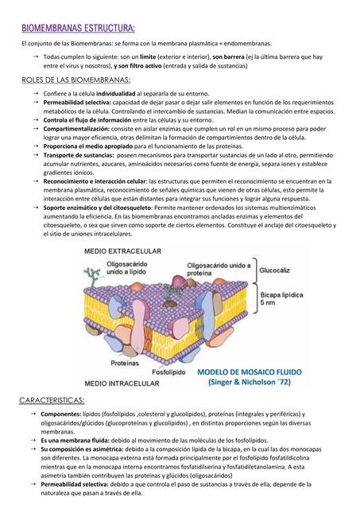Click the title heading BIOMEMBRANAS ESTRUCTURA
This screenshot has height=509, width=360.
click(x=78, y=29)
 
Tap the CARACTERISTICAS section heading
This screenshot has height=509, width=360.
click(x=53, y=398)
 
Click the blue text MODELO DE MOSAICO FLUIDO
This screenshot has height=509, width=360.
click(x=246, y=371)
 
